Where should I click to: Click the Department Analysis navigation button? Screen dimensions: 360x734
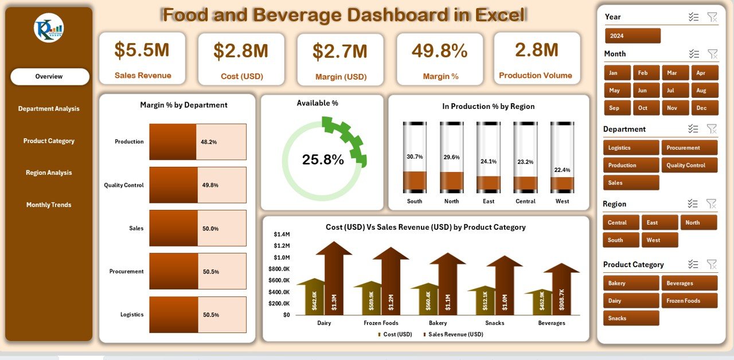(x=49, y=109)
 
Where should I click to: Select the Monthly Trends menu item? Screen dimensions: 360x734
(x=49, y=205)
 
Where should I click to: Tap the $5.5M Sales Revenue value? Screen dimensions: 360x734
(x=142, y=50)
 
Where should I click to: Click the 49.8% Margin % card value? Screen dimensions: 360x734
(x=439, y=51)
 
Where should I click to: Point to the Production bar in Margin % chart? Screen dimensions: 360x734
(x=173, y=142)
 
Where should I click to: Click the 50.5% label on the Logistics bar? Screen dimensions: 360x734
(x=210, y=315)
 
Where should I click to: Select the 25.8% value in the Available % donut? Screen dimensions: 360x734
(x=323, y=160)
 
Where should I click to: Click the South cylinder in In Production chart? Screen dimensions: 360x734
(x=415, y=158)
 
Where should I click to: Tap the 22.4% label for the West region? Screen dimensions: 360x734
(x=562, y=170)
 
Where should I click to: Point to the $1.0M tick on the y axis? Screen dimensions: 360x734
(x=282, y=257)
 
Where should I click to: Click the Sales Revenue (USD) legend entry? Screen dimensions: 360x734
(x=455, y=334)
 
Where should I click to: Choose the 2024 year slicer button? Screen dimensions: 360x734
(x=633, y=36)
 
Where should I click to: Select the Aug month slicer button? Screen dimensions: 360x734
(x=705, y=91)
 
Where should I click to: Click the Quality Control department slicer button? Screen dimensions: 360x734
(x=689, y=166)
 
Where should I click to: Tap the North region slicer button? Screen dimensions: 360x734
(x=698, y=222)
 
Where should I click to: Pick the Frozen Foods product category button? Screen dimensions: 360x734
(x=689, y=301)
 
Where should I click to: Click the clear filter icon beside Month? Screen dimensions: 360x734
(x=712, y=54)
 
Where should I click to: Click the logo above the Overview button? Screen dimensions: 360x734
(x=49, y=28)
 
